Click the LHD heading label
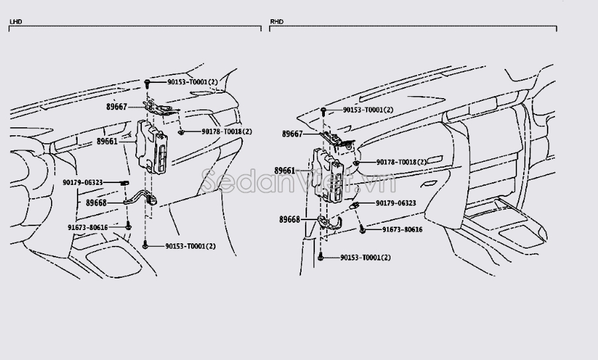coord(15,22)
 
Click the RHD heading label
coord(276,22)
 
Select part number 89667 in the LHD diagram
coord(116,106)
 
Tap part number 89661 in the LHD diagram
coord(106,141)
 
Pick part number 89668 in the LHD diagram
coord(96,203)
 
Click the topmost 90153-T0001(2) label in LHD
coord(192,82)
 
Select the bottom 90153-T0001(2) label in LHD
coord(190,246)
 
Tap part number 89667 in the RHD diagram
coord(292,134)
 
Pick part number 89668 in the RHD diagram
coord(289,219)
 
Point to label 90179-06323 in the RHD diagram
coord(395,203)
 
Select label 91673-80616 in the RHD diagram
coord(402,229)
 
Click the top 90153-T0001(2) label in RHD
coord(368,110)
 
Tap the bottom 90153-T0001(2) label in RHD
coord(365,257)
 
